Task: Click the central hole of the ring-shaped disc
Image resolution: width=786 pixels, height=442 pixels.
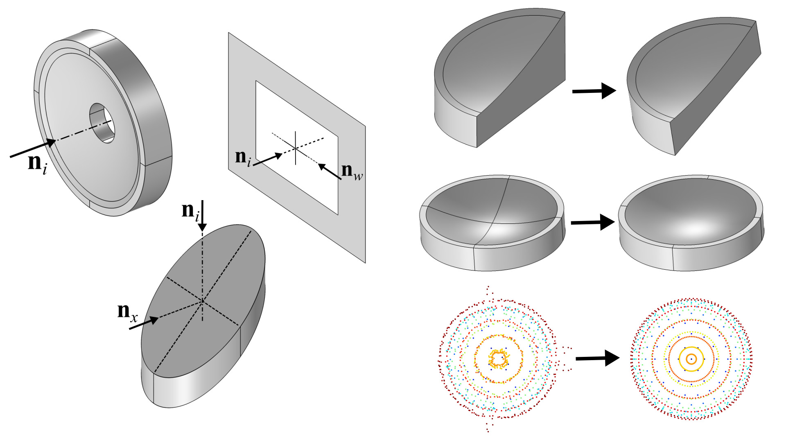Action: click(x=102, y=123)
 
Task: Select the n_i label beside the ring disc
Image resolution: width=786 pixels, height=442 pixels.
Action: click(x=37, y=164)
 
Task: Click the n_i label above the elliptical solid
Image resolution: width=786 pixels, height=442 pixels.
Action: click(x=190, y=212)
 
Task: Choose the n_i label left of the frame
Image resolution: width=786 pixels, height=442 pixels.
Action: click(x=243, y=158)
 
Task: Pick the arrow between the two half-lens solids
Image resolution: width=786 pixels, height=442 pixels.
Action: click(x=594, y=91)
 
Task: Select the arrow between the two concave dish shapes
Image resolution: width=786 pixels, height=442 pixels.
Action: click(x=593, y=222)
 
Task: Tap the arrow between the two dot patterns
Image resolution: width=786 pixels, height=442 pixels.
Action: click(x=598, y=358)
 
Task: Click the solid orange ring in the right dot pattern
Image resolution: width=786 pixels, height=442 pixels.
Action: click(x=691, y=359)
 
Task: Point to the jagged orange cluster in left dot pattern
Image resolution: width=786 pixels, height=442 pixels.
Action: click(x=498, y=359)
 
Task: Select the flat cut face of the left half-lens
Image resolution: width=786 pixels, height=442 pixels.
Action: click(x=521, y=80)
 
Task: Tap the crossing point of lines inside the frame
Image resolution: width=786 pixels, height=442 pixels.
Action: click(x=296, y=148)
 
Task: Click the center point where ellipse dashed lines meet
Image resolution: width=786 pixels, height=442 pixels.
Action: click(x=202, y=302)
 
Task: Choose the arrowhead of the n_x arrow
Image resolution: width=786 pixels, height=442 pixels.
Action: click(x=154, y=320)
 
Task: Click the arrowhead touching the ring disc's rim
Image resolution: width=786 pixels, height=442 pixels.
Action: click(x=50, y=143)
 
